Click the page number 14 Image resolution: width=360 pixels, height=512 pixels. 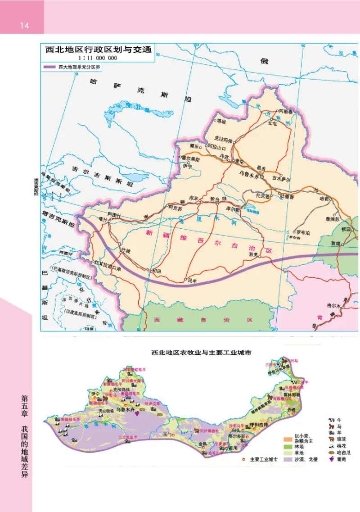(24, 26)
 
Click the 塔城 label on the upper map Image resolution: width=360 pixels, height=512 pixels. (221, 121)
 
